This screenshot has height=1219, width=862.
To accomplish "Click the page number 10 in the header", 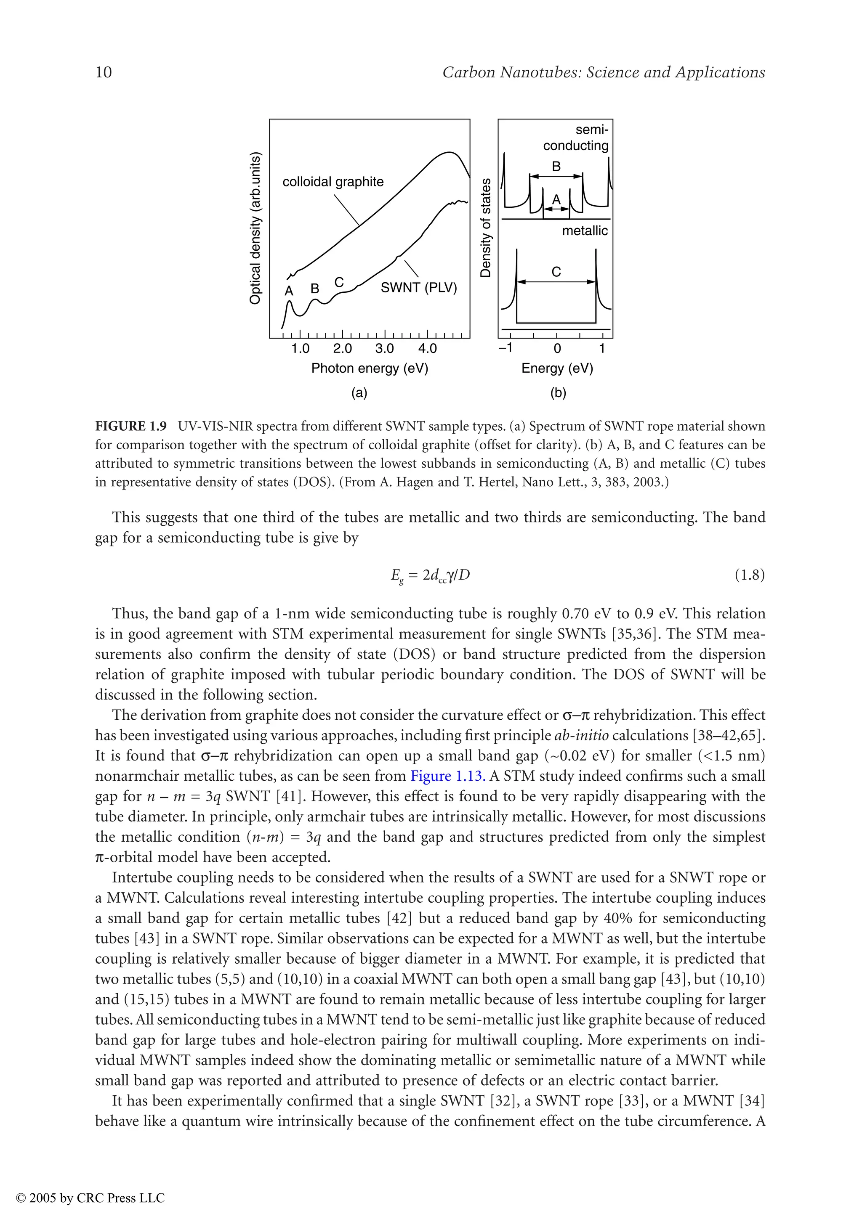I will point(104,72).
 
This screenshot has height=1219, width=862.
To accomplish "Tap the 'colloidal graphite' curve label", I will point(333,182).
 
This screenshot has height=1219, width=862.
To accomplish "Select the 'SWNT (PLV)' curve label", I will point(418,288).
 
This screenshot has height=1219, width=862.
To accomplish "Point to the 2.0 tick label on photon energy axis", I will point(343,349).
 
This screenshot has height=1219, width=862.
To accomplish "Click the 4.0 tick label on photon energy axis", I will point(427,349).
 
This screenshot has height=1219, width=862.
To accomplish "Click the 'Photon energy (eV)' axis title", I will point(370,368).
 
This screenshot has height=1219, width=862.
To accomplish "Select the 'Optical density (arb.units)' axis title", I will point(255,228).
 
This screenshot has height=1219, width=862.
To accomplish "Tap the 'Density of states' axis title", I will point(485,228).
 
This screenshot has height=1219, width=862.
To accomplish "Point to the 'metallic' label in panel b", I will point(585,231).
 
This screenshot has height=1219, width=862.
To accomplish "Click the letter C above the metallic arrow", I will point(556,272).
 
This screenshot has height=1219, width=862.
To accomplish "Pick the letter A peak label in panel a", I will point(289,291).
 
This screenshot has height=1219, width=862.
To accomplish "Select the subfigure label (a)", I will point(359,393).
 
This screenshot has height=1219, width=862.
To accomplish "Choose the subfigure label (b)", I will point(558,393).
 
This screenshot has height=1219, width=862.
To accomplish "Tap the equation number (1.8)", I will point(749,575).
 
